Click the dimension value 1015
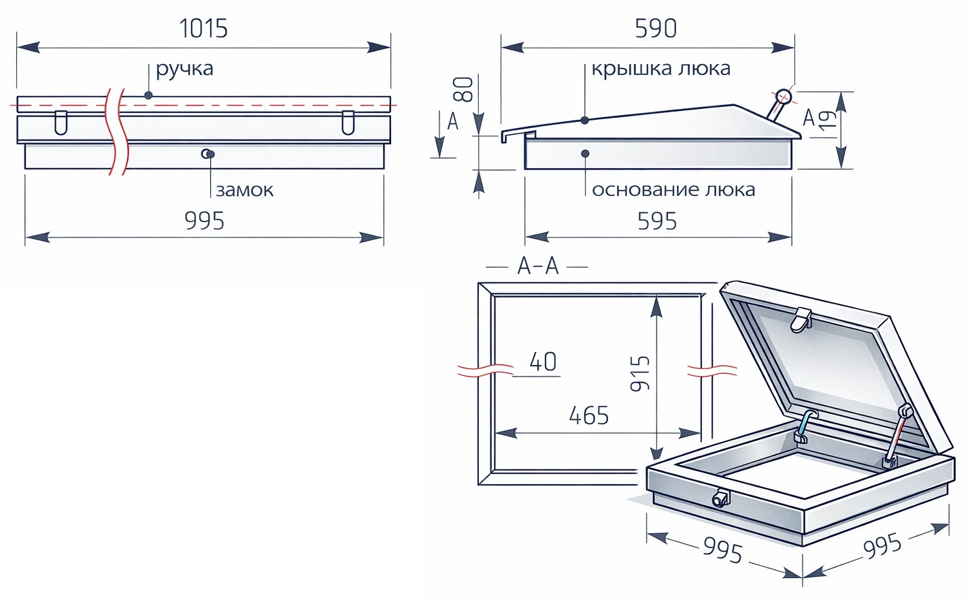(x=203, y=29)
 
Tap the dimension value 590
(x=656, y=29)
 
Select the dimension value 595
(x=657, y=221)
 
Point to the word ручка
(x=184, y=69)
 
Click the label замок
(x=245, y=190)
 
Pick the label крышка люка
(x=661, y=69)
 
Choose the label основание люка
(x=673, y=190)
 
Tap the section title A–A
(x=537, y=266)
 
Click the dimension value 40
(x=543, y=362)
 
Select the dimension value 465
(x=589, y=415)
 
